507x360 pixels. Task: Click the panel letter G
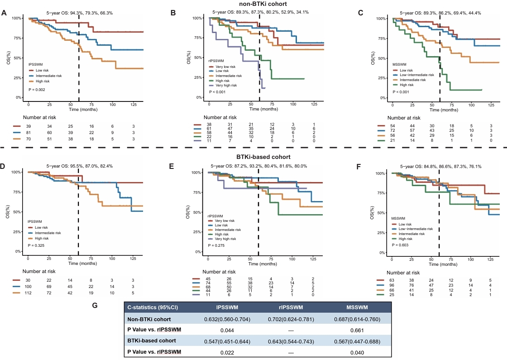[x=95, y=305]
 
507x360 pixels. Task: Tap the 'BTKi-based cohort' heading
[x=263, y=157]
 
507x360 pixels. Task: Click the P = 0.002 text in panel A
[x=37, y=90]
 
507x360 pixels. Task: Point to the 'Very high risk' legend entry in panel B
[x=226, y=86]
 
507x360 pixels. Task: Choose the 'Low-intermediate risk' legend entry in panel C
[x=417, y=75]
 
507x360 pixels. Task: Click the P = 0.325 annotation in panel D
[x=36, y=245]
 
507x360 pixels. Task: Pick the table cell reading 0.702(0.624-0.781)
[x=291, y=319]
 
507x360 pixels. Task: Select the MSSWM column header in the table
[x=357, y=307]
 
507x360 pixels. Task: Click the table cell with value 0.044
[x=227, y=330]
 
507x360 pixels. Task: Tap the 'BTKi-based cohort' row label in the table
[x=152, y=341]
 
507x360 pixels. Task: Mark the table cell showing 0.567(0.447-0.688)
[x=357, y=341]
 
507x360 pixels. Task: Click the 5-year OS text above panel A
[x=80, y=13]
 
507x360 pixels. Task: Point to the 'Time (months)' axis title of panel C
[x=444, y=110]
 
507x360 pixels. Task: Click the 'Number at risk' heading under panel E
[x=219, y=272]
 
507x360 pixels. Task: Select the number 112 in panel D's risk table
[x=28, y=293]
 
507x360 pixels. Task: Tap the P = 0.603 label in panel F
[x=400, y=245]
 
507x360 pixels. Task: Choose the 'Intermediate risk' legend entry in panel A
[x=48, y=76]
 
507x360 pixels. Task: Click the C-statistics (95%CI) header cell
[x=153, y=307]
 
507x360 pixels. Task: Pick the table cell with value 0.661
[x=357, y=330]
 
